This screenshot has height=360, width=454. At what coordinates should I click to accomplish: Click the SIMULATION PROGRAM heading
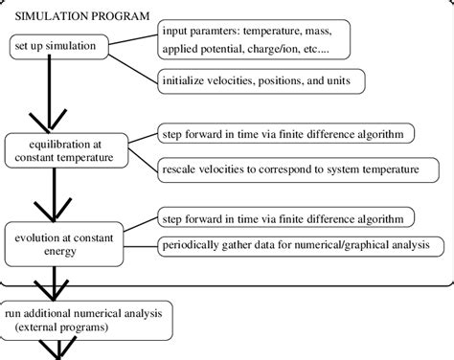click(x=81, y=16)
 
